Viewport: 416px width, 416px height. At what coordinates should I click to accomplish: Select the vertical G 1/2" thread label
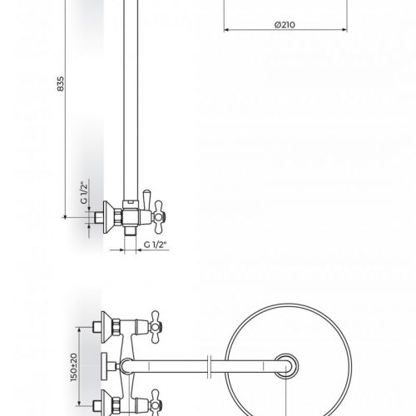click(83, 194)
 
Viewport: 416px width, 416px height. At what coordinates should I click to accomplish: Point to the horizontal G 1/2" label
click(155, 243)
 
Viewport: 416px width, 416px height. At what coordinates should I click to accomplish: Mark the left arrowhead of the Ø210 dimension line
click(225, 31)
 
